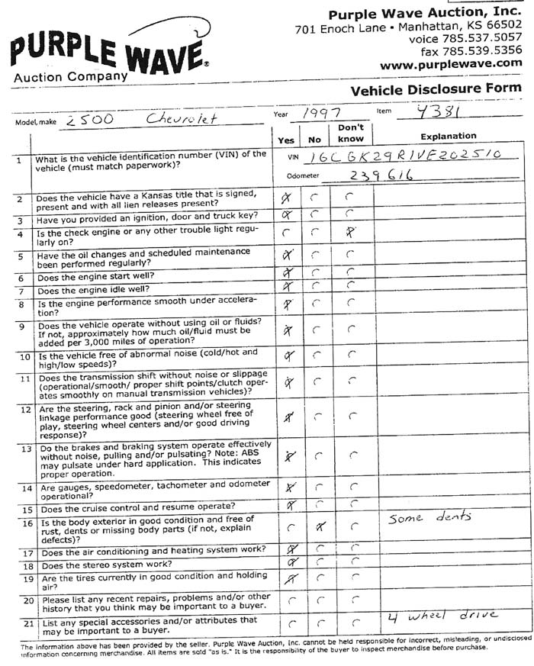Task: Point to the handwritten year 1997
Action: click(320, 113)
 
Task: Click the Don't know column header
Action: click(350, 134)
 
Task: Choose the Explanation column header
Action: click(447, 137)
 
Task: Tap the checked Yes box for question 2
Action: click(288, 198)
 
